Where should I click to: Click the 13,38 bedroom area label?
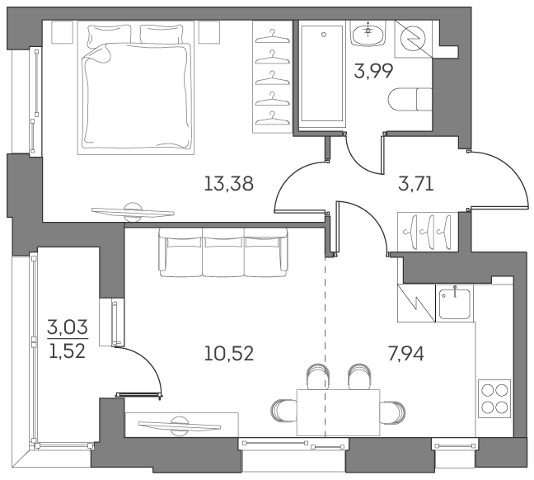click(x=227, y=183)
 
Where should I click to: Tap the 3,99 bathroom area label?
click(x=373, y=70)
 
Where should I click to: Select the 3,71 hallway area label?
click(x=415, y=183)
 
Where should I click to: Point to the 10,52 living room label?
click(x=228, y=354)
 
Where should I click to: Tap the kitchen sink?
click(x=452, y=303)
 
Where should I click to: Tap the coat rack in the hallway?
click(x=426, y=230)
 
